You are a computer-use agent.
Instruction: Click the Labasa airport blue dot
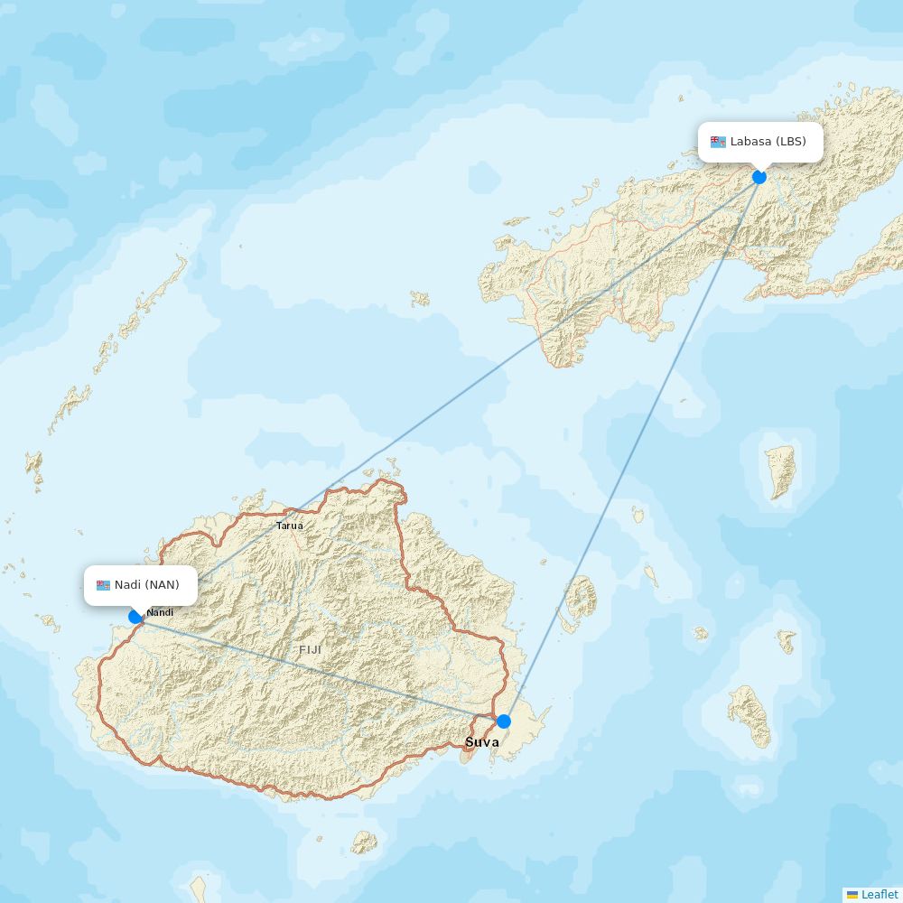coord(759,177)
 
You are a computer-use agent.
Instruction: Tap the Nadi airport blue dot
coord(135,617)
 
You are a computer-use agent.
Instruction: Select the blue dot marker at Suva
coord(504,721)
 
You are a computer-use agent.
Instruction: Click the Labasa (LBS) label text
coord(768,142)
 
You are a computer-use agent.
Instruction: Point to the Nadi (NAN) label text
coord(146,585)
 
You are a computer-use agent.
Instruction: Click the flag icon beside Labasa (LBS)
coord(718,142)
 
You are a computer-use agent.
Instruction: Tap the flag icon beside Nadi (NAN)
coord(103,585)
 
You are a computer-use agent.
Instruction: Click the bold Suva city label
coord(481,742)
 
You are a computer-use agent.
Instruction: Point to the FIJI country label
coord(310,649)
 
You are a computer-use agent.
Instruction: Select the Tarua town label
coord(289,526)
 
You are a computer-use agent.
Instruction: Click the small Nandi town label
coord(160,612)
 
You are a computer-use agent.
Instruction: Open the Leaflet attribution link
coord(880,894)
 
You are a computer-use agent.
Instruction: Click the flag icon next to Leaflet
coord(852,894)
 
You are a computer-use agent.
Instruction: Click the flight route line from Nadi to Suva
coord(316,668)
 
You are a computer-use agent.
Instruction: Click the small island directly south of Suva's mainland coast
coord(364,842)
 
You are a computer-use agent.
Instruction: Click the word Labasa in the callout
coord(750,142)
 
